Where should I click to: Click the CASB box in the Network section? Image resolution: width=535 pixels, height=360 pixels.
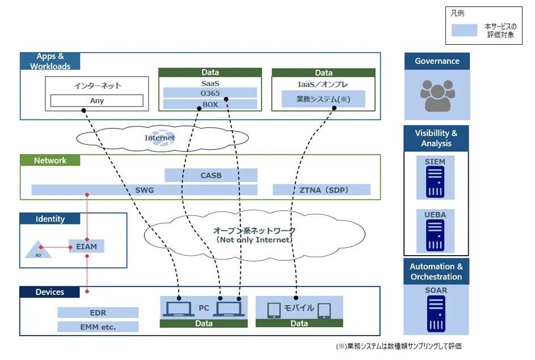point(210,175)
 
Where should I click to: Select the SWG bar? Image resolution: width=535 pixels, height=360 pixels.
point(144,190)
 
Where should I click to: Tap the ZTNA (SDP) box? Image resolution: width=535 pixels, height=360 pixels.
point(321,190)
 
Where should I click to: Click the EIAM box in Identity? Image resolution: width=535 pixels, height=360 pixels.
point(86,247)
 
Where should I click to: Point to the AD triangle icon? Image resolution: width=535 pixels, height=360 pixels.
point(39,249)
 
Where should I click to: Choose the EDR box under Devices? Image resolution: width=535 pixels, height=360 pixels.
point(98,312)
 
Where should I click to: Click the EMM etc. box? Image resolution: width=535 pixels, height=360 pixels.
point(98,327)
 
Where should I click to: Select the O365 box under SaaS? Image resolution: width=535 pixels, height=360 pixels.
point(210,92)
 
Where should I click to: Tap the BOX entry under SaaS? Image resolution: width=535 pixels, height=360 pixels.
point(210,104)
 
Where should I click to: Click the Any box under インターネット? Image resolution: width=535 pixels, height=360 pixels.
point(96,101)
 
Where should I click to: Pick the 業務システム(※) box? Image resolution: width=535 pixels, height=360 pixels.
point(323,100)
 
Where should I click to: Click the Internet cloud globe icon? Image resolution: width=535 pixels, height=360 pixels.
point(168,138)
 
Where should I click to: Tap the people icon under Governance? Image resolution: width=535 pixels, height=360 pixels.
point(436,95)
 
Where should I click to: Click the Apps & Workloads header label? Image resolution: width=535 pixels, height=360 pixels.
point(50,61)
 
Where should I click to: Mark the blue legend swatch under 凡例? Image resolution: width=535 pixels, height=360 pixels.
point(464,31)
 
